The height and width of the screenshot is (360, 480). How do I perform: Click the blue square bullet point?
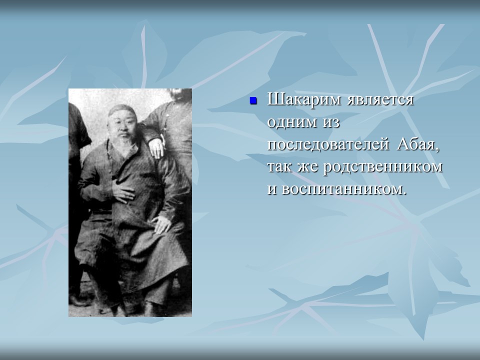pos(253,101)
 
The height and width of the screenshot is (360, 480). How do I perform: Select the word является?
pos(380,100)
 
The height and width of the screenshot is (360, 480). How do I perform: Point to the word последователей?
pos(328,144)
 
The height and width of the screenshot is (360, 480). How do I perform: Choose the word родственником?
pos(382,167)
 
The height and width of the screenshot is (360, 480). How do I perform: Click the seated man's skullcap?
pos(121,109)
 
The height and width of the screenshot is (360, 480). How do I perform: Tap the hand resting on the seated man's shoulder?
pos(156,147)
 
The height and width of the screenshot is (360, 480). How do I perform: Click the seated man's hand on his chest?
pos(123,193)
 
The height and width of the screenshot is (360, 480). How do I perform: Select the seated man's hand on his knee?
pos(161,224)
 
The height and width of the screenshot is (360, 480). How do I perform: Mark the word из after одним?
pos(331,122)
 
